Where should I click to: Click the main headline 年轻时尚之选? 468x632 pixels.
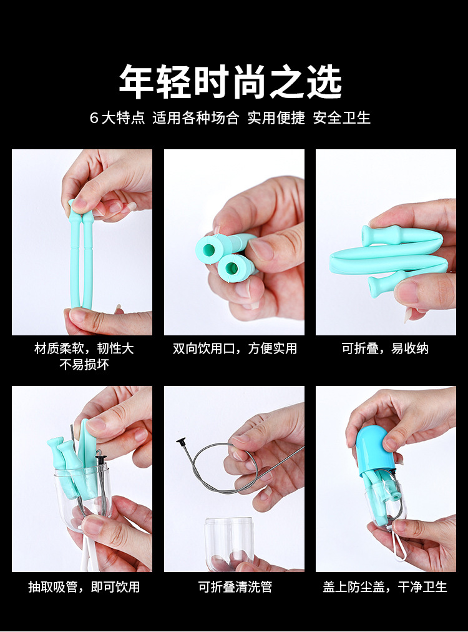[230, 82]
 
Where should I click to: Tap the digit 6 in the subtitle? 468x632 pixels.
[94, 118]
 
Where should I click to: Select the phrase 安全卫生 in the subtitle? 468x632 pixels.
[342, 118]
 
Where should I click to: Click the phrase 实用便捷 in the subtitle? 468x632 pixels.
[276, 118]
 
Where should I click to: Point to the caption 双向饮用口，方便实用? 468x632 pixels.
[234, 348]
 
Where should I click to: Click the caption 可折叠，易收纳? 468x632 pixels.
[385, 348]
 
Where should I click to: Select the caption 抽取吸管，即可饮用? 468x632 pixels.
[84, 586]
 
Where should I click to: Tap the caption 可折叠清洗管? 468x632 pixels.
[235, 586]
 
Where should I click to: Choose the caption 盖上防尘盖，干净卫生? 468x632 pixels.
[385, 586]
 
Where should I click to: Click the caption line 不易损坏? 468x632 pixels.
[84, 365]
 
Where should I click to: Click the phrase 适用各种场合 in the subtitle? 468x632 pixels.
[196, 118]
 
